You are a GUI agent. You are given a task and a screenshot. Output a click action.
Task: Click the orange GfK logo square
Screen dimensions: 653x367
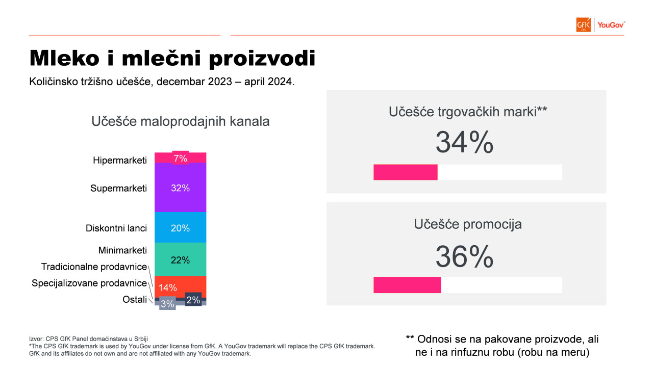pos(583,25)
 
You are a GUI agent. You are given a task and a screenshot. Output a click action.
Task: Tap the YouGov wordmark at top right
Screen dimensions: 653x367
pos(611,25)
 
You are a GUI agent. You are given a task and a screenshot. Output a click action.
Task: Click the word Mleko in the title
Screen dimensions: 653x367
pos(64,58)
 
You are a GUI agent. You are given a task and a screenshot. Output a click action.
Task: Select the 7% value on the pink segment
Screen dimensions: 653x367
pos(181,159)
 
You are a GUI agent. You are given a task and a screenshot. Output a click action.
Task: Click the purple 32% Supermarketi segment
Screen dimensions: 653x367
pos(181,187)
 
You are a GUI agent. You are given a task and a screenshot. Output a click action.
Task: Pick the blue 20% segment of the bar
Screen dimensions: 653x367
pos(181,227)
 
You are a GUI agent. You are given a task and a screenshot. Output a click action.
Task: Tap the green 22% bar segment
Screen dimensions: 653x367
pos(181,259)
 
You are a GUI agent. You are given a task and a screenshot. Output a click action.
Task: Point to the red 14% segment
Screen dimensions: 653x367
pos(181,287)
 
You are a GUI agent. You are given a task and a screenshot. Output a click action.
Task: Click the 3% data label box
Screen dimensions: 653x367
pos(167,304)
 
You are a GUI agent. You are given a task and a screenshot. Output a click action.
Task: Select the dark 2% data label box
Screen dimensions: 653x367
pos(193,300)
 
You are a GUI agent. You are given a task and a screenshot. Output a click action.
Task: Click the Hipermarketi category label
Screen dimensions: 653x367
pos(120,160)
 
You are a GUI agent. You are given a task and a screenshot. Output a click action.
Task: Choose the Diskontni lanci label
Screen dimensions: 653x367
pos(116,228)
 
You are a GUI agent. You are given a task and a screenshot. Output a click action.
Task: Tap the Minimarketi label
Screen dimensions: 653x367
pos(122,250)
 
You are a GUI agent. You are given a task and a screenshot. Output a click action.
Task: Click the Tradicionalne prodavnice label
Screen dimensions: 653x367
pos(94,267)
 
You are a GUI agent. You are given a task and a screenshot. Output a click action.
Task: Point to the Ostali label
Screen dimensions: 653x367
pos(135,299)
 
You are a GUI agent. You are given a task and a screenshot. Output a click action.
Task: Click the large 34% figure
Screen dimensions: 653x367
pos(464,142)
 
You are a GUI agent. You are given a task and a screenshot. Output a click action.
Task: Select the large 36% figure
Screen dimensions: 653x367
pos(464,256)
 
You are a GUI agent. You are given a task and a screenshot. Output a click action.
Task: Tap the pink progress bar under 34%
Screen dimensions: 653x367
pos(406,172)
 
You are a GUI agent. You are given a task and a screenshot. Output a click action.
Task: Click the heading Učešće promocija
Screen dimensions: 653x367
pos(468,224)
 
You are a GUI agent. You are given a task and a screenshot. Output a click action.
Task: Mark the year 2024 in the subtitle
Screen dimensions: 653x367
pos(280,82)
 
